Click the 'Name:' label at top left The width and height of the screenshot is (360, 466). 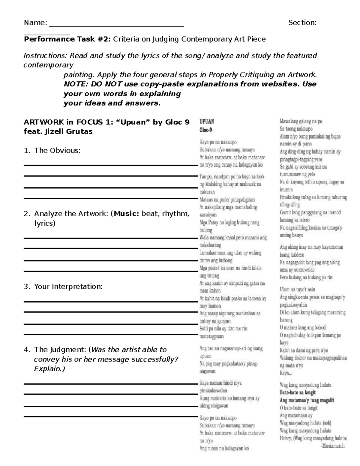(x=35, y=23)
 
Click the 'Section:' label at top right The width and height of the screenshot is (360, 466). (x=302, y=23)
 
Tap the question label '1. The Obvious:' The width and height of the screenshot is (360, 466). (x=52, y=151)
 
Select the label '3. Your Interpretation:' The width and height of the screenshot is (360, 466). (x=63, y=287)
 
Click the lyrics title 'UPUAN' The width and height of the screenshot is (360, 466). (x=207, y=122)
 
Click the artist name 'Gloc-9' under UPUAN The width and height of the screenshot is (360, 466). (x=206, y=130)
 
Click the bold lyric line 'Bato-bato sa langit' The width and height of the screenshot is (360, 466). (x=297, y=392)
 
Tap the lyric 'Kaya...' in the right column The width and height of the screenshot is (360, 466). (x=286, y=373)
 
